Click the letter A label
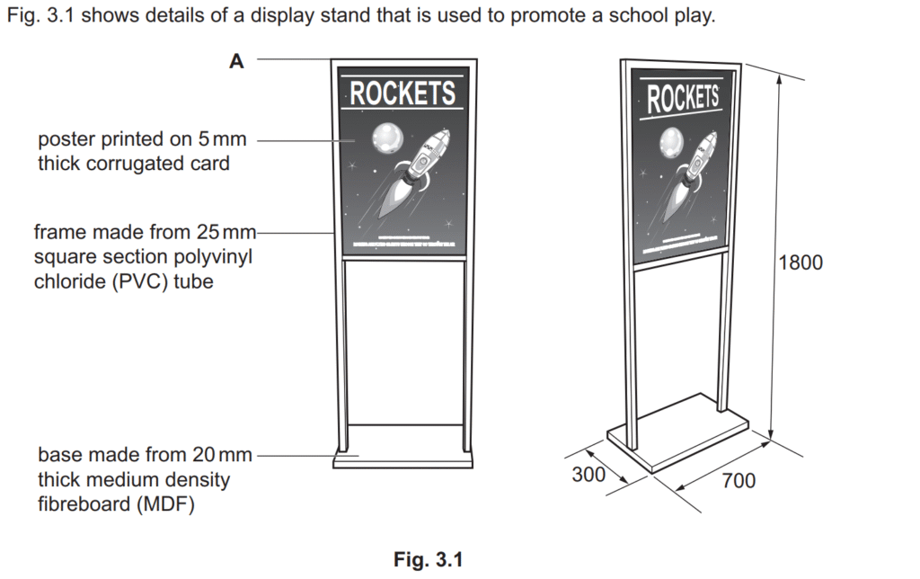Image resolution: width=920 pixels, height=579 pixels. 236,61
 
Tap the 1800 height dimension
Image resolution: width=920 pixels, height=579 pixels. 801,262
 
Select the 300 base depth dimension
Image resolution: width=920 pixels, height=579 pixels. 588,474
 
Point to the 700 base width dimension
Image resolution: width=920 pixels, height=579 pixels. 739,480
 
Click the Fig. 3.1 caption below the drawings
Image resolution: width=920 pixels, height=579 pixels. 429,559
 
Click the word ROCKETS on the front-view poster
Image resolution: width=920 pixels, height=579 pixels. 402,94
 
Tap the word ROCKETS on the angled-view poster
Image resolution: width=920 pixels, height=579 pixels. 683,97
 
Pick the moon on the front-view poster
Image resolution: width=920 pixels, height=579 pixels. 388,138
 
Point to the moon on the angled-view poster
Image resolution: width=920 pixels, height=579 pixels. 672,143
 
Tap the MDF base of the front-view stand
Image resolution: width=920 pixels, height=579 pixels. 403,459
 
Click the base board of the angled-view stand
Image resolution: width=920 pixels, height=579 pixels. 678,433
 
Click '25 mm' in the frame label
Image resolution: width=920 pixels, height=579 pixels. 226,232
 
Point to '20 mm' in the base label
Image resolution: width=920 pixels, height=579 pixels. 223,455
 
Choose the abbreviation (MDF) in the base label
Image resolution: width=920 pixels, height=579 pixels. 165,503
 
